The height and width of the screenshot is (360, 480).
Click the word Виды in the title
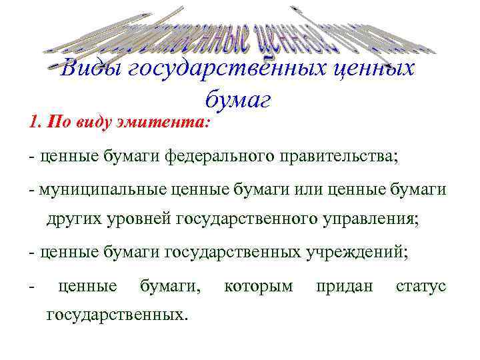(89, 69)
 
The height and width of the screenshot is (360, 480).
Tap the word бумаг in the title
(238, 100)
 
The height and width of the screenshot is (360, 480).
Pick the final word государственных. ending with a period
(117, 313)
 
